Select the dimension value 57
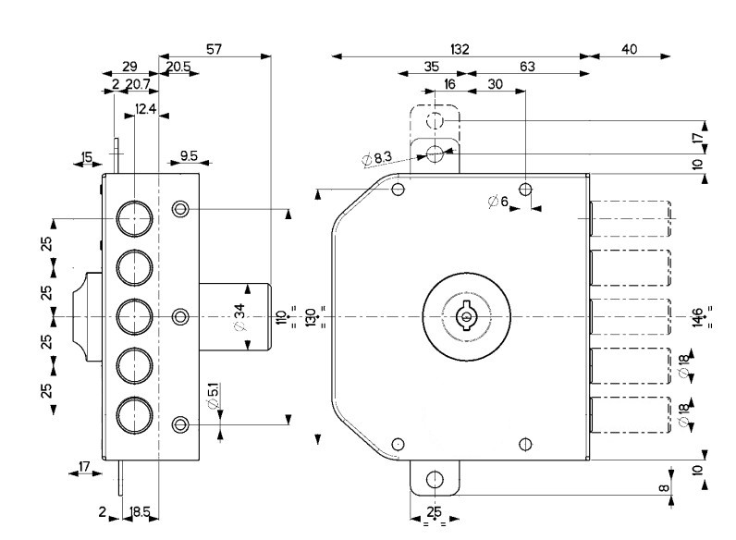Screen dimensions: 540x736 click(214, 49)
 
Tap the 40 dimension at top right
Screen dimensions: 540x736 click(630, 49)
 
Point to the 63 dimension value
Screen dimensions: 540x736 click(527, 67)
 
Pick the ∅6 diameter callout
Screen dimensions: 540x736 click(497, 202)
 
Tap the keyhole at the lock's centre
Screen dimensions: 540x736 click(465, 317)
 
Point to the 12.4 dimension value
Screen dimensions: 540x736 click(145, 109)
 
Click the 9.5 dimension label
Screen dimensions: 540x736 click(189, 156)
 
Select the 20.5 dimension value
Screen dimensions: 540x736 click(179, 67)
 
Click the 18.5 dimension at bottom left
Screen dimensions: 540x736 click(141, 511)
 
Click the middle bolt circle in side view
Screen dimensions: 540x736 click(135, 316)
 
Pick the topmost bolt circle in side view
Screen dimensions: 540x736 click(135, 218)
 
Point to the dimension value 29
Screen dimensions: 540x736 click(130, 67)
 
